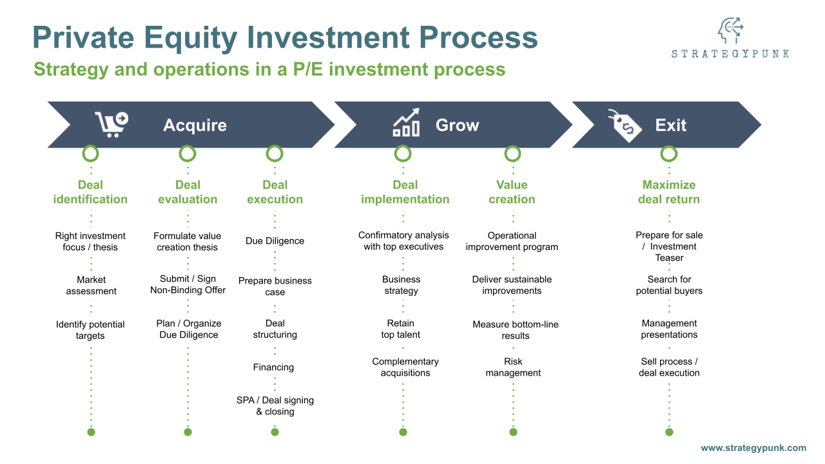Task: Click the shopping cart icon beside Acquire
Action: [x=111, y=124]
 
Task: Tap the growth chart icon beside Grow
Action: [x=406, y=122]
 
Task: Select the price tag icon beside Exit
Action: [x=625, y=125]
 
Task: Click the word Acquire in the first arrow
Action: [x=195, y=125]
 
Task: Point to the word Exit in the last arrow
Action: [x=670, y=125]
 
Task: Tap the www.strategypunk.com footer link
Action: [x=753, y=448]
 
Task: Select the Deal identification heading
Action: [x=90, y=192]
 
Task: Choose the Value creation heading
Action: [x=512, y=192]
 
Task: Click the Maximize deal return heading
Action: [x=668, y=192]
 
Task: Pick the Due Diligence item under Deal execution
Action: [x=275, y=241]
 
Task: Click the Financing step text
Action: [x=273, y=367]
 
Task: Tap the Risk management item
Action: [x=513, y=367]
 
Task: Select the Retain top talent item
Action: [x=400, y=329]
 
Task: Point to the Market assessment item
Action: [x=91, y=285]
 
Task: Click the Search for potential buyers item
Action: [x=669, y=285]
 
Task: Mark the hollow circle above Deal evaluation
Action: [x=188, y=153]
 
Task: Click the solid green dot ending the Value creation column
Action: [x=513, y=432]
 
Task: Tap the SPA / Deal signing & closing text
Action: [x=275, y=406]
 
